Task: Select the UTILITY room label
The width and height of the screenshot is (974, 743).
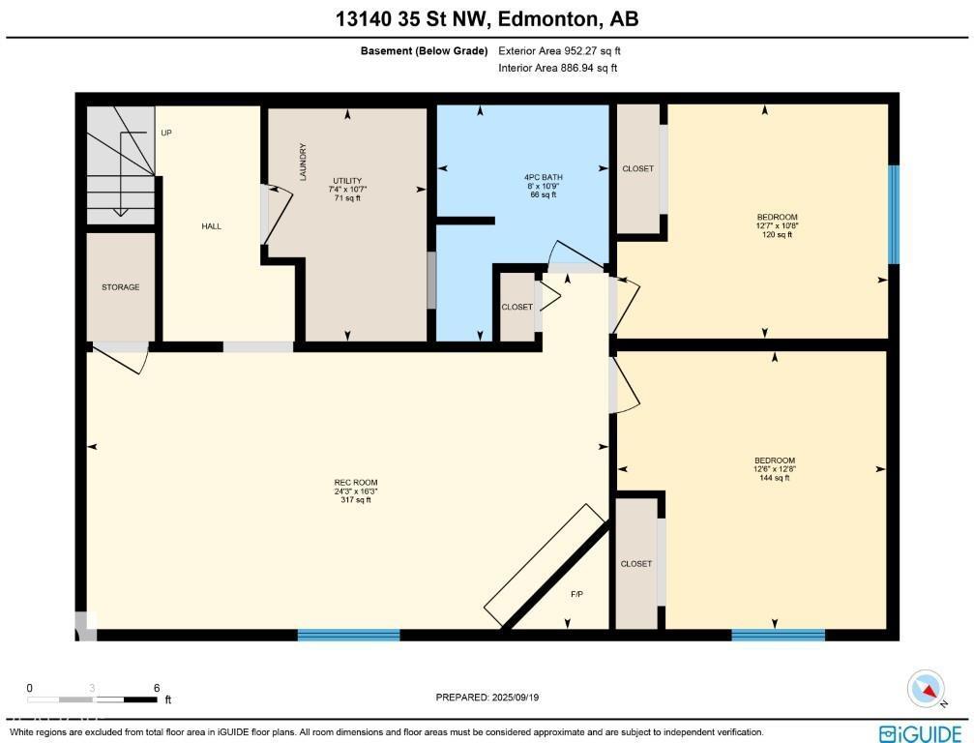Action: (x=346, y=181)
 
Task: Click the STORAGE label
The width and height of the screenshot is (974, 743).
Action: (x=121, y=287)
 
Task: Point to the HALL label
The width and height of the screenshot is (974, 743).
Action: (x=211, y=226)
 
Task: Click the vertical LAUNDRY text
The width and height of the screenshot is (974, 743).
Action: (x=303, y=163)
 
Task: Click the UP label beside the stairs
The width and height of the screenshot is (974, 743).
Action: (x=166, y=133)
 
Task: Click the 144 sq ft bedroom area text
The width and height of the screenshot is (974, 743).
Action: (x=775, y=478)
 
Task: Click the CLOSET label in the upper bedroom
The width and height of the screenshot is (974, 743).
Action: (x=637, y=168)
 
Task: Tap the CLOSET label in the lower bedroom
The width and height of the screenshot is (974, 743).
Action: (x=635, y=563)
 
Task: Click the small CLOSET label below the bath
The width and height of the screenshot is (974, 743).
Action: (x=517, y=308)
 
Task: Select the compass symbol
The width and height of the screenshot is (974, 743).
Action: (x=926, y=689)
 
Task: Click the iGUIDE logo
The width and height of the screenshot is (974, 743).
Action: (x=920, y=732)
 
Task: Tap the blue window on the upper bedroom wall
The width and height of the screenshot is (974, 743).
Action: (x=894, y=215)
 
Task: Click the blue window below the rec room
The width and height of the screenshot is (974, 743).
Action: (x=348, y=636)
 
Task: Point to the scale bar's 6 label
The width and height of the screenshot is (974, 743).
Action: (x=157, y=688)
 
